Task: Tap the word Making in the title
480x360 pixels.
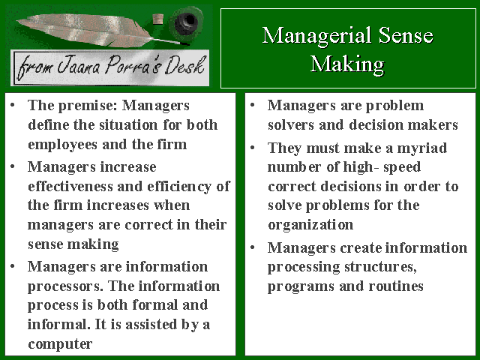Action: click(347, 64)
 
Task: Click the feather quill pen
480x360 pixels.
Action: click(98, 31)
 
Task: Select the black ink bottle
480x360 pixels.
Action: click(186, 22)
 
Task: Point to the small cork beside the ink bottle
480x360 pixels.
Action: click(158, 19)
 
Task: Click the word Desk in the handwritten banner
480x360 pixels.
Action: click(184, 65)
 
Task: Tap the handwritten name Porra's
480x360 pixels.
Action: click(133, 65)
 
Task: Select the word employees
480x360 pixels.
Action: click(62, 145)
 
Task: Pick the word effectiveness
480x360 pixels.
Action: click(70, 187)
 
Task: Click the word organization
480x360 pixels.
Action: click(310, 226)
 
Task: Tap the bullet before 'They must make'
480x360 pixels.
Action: click(253, 148)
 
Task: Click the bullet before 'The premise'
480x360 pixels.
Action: click(13, 106)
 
